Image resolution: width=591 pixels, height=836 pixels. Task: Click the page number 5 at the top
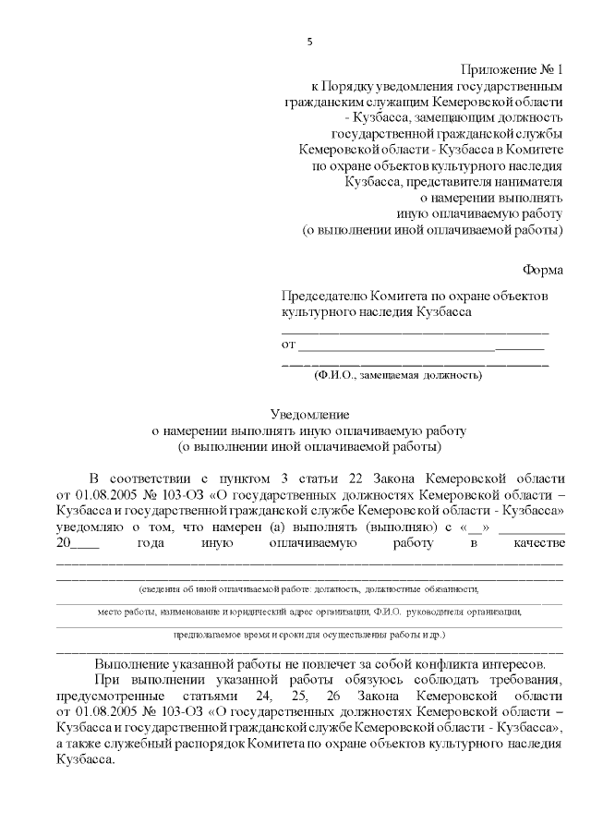pyautogui.click(x=310, y=42)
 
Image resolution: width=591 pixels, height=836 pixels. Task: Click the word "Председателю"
pyautogui.click(x=326, y=296)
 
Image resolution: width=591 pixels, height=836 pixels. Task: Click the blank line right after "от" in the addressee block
pyautogui.click(x=397, y=345)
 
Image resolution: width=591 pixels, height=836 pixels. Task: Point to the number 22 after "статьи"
pyautogui.click(x=355, y=478)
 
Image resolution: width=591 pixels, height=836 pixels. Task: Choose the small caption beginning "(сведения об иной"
pyautogui.click(x=309, y=588)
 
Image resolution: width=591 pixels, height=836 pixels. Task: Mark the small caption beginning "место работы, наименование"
pyautogui.click(x=309, y=612)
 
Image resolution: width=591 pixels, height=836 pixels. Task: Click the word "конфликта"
pyautogui.click(x=435, y=663)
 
